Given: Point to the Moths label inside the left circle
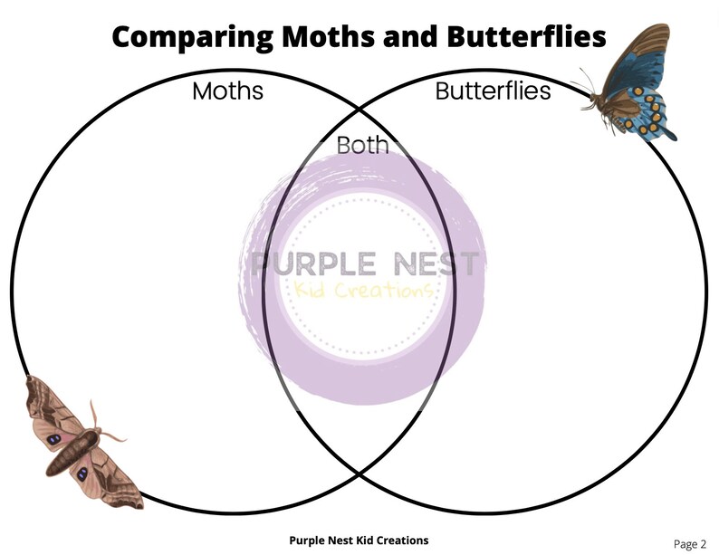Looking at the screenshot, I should tap(227, 91).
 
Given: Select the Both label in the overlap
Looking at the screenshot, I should tap(362, 144).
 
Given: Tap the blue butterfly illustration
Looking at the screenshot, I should tap(635, 86).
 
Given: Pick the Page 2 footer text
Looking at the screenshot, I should tap(689, 543).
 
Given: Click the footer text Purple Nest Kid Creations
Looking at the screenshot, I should tap(359, 541).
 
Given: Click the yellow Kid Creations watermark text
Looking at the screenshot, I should tap(362, 291).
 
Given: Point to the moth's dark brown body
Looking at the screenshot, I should tap(75, 449).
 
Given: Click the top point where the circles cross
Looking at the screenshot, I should tap(359, 107).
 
